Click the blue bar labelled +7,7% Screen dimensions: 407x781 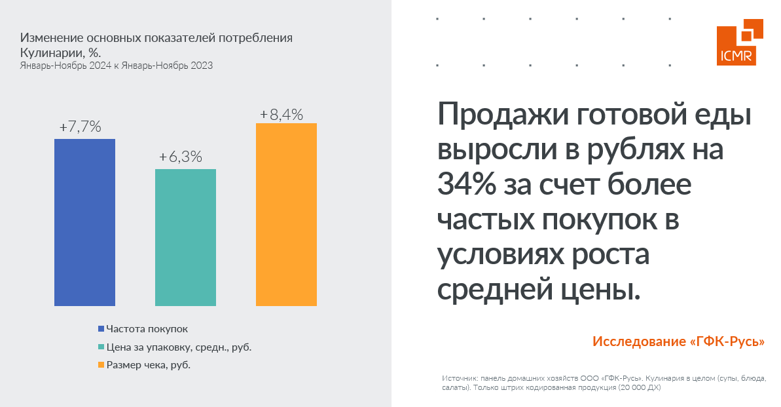point(84,222)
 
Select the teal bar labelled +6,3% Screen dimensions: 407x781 point(185,237)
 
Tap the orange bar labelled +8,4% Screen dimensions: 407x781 point(286,214)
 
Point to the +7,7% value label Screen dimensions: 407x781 point(80,127)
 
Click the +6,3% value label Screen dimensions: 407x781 point(181,157)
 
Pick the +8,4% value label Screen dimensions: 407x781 point(282,115)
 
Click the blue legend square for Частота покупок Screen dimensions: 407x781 point(101,329)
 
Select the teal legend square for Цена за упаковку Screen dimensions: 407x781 point(101,347)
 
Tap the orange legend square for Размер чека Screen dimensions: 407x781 point(101,365)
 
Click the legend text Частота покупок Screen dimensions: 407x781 point(147,329)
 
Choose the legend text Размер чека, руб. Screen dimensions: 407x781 point(149,365)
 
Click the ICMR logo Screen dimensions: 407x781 point(740,43)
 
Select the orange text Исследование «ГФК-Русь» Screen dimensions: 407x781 point(678,342)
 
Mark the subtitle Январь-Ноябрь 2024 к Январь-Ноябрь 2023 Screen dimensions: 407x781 point(116,66)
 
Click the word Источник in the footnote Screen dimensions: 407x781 point(459,379)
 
